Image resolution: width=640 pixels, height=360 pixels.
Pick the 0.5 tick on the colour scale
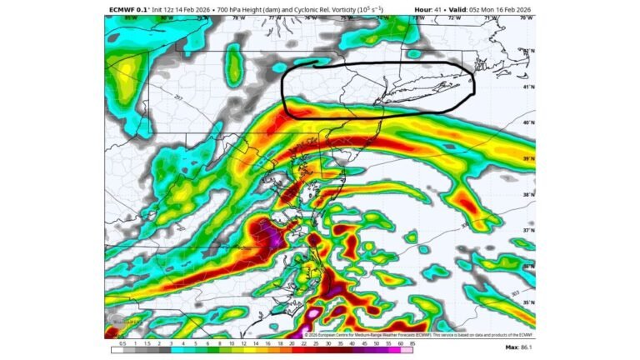(122, 343)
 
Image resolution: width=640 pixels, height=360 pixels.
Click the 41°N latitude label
(527, 87)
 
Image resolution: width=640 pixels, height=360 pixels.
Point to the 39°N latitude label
(527, 158)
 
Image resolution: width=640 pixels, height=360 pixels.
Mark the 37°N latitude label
(527, 230)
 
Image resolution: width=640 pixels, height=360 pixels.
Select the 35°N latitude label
(527, 302)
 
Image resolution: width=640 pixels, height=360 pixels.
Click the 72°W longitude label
(454, 17)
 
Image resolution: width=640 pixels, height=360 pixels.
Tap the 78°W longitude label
(238, 17)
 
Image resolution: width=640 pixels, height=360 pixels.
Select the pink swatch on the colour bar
(406, 351)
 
